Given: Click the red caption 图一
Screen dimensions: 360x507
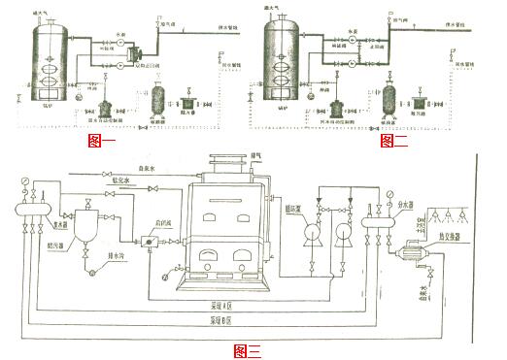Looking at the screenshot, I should click(102, 142).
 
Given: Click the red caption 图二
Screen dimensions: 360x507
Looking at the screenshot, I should click(393, 142).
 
